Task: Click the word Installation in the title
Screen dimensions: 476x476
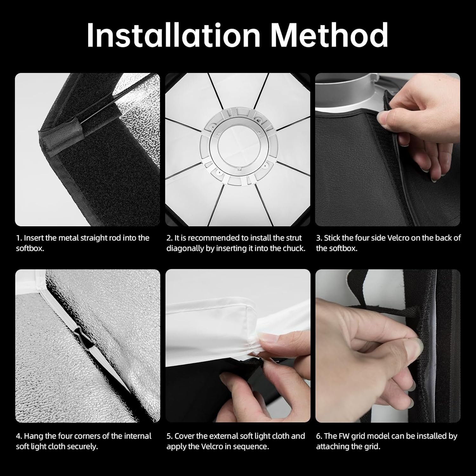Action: (174, 35)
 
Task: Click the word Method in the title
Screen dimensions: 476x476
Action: (329, 35)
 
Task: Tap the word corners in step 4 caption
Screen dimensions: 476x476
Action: (82, 436)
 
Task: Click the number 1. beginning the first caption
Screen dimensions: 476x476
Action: (19, 238)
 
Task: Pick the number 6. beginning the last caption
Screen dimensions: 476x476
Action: (319, 436)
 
